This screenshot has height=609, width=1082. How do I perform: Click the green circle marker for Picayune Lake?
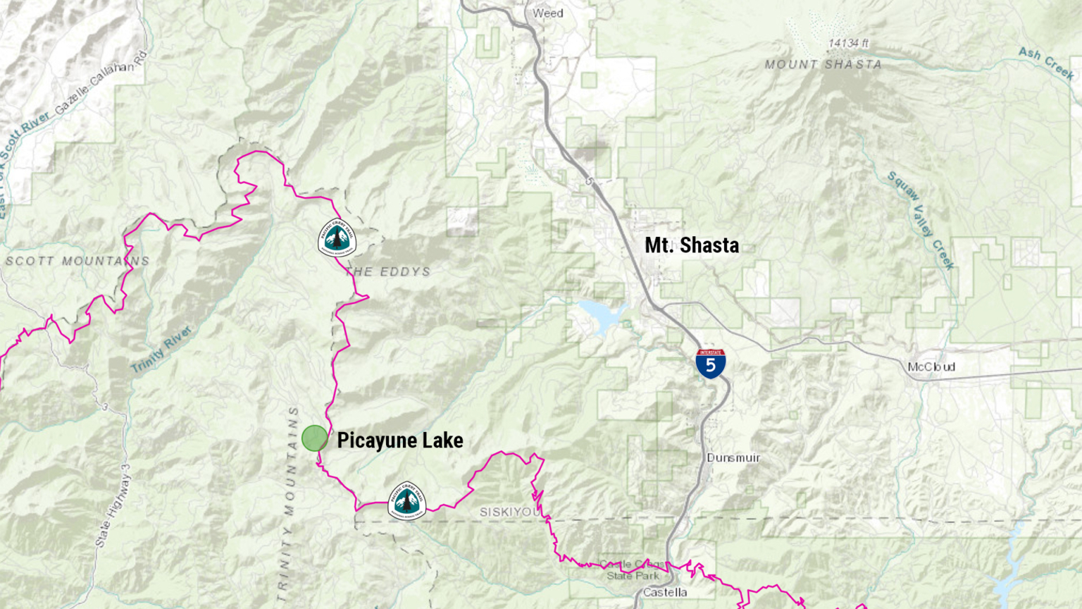(314, 438)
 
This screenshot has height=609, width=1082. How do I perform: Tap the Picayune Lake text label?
(399, 441)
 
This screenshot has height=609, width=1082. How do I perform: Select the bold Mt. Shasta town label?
(692, 245)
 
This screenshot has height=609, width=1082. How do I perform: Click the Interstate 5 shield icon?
(711, 364)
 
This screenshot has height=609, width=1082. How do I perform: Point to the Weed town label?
(547, 13)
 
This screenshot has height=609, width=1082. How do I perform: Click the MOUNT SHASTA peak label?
(823, 65)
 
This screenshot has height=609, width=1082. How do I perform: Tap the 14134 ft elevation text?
(848, 44)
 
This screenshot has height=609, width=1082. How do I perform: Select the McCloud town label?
(931, 367)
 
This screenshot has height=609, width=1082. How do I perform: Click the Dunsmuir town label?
(733, 458)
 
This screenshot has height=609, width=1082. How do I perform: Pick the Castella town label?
(664, 593)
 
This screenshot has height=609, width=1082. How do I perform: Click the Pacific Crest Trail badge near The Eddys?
(337, 238)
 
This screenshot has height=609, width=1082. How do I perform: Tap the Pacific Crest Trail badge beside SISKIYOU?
(406, 501)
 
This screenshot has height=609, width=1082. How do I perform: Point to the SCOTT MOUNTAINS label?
(77, 262)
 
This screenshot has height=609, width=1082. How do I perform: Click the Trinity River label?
(161, 350)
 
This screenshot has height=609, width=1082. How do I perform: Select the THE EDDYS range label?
(389, 272)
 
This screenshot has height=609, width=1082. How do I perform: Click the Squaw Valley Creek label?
(920, 220)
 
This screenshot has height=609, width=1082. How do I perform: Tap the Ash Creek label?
(1046, 63)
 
